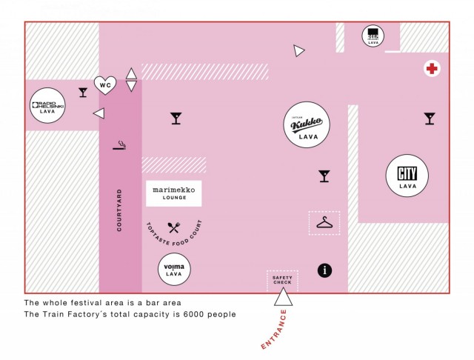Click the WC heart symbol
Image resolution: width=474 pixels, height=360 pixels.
pos(105,85)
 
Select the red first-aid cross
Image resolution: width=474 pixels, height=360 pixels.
pos(431,69)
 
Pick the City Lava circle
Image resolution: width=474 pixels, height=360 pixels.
pos(407,176)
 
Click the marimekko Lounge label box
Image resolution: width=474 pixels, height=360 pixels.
pos(173,193)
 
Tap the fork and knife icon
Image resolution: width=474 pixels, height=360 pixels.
pos(174,227)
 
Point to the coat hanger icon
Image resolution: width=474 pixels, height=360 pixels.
pos(324,223)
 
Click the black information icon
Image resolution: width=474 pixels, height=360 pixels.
pos(324,270)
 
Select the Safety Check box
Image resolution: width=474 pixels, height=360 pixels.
pos(282,280)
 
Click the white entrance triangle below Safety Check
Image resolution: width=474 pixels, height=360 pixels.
pos(283,298)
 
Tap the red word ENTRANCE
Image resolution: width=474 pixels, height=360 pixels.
pos(274,330)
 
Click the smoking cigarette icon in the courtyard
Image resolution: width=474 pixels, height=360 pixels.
pos(120,145)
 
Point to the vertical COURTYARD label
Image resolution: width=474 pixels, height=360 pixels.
pos(119,211)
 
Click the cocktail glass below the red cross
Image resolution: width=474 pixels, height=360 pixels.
pos(430,118)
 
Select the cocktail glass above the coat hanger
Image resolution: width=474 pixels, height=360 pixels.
pos(324,176)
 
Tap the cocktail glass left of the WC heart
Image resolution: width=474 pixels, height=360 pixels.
pos(83,92)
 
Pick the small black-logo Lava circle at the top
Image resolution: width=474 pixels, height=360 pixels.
pos(373,36)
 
